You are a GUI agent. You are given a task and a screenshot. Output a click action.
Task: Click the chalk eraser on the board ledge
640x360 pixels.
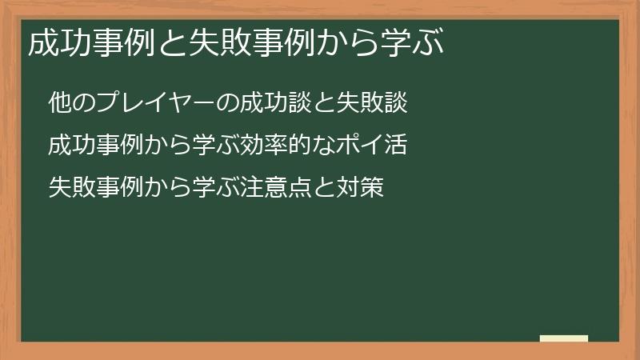pos(564,338)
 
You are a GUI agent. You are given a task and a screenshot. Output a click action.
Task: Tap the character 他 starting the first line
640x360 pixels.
pos(58,103)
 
